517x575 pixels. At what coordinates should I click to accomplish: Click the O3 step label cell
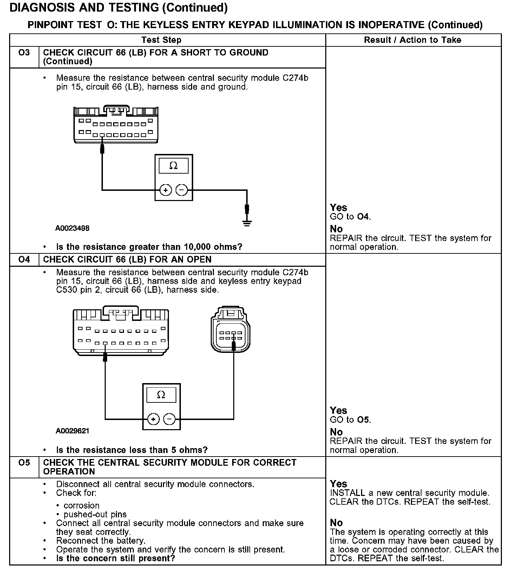24,53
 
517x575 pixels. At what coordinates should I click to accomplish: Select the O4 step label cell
24,260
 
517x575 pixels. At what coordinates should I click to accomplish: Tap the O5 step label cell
24,463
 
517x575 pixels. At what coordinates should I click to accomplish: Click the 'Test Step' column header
161,40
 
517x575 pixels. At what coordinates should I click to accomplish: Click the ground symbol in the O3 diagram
247,223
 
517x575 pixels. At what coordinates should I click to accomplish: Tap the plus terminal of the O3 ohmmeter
165,190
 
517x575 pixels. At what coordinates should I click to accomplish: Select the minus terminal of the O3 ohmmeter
182,190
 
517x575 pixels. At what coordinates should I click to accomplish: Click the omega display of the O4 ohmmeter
161,395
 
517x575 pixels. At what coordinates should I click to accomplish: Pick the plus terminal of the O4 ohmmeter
153,419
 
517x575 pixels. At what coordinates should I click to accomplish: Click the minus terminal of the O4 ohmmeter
169,419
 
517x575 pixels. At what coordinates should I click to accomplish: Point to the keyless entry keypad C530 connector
230,330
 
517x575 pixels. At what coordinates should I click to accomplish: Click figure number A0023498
72,228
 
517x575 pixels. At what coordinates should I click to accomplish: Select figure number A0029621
72,431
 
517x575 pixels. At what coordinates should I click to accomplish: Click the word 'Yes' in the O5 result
338,484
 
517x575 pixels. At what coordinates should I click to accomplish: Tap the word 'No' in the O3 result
336,229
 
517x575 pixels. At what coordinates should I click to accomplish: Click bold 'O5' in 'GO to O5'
363,420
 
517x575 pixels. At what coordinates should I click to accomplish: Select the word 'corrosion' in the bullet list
81,506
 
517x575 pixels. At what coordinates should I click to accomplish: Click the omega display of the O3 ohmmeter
174,166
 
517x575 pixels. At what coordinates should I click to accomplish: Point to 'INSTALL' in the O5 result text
347,493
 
